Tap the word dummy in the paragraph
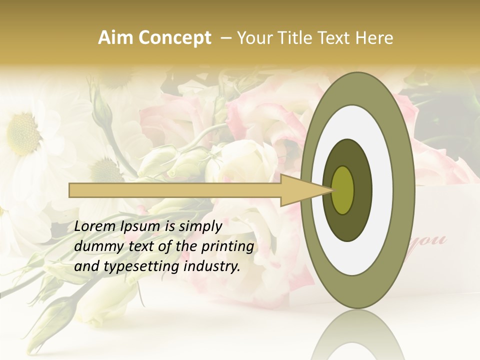(96, 246)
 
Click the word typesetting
(142, 266)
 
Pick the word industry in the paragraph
(212, 266)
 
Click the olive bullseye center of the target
(343, 190)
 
